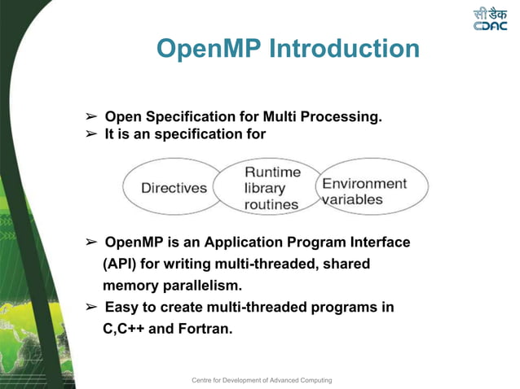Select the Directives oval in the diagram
tap(174, 188)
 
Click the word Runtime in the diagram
tap(273, 172)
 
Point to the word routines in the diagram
tap(272, 205)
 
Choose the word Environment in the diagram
tap(364, 184)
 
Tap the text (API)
tap(119, 264)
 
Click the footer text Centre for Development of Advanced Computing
tap(262, 380)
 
